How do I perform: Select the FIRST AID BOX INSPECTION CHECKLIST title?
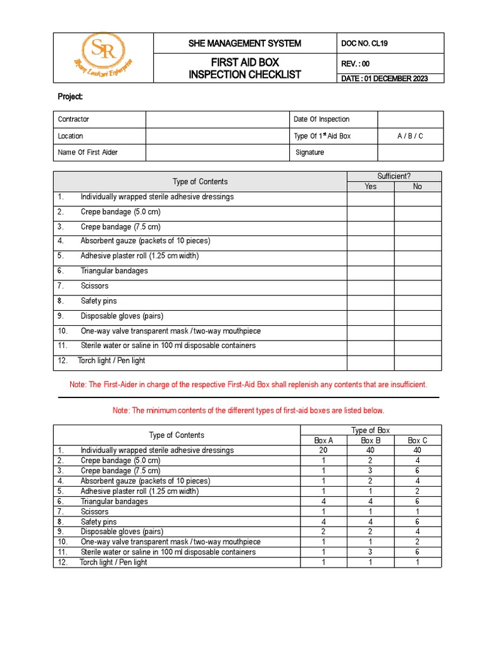pyautogui.click(x=245, y=68)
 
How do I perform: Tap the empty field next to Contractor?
pyautogui.click(x=216, y=119)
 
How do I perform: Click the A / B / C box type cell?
pyautogui.click(x=410, y=136)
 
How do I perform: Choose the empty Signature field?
pyautogui.click(x=410, y=153)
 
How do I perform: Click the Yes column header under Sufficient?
pyautogui.click(x=370, y=187)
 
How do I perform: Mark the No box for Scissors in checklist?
pyautogui.click(x=418, y=286)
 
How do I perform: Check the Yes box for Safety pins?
pyautogui.click(x=370, y=301)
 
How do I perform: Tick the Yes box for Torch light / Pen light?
pyautogui.click(x=370, y=361)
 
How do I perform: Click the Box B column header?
pyautogui.click(x=371, y=440)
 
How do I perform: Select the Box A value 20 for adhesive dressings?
pyautogui.click(x=323, y=451)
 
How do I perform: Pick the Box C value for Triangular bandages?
pyautogui.click(x=418, y=501)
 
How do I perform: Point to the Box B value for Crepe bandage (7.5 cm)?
pyautogui.click(x=371, y=471)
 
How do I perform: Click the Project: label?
pyautogui.click(x=70, y=97)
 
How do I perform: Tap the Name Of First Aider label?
pyautogui.click(x=88, y=153)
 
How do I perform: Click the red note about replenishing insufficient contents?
pyautogui.click(x=248, y=385)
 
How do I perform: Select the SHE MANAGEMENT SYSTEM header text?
pyautogui.click(x=245, y=43)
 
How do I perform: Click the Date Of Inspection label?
pyautogui.click(x=321, y=119)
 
